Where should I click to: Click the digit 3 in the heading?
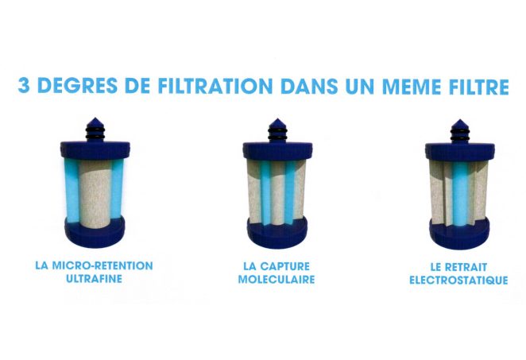[x=25, y=86]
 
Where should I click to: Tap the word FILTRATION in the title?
[x=215, y=86]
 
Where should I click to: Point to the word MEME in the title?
[x=412, y=87]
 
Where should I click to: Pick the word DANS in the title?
[x=309, y=87]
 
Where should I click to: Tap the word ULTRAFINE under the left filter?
[x=95, y=279]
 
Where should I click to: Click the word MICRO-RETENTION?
[x=102, y=265]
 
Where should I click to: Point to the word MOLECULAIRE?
[x=277, y=280]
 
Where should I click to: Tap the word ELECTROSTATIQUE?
[x=458, y=281]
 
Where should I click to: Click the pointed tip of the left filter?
[x=95, y=118]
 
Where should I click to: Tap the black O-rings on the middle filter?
[x=277, y=134]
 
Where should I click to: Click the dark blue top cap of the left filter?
[x=95, y=150]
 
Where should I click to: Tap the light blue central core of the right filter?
[x=460, y=194]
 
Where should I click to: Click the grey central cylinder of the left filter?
[x=95, y=195]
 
